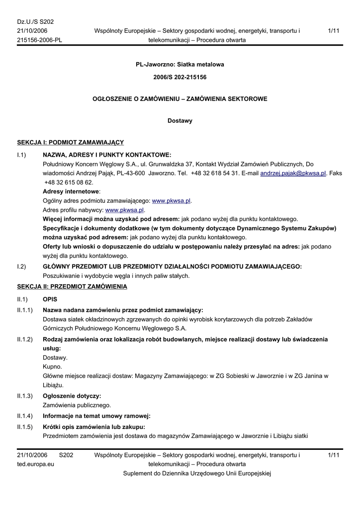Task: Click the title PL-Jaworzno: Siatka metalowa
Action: (180, 65)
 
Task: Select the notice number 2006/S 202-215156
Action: (180, 78)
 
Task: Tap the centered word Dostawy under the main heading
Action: (180, 121)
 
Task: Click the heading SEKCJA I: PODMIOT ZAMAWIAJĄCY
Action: (71, 143)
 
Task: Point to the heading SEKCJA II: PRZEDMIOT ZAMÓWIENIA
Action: (72, 287)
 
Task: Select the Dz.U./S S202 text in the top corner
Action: (35, 22)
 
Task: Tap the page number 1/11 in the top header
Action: (334, 31)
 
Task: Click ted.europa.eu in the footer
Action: (36, 464)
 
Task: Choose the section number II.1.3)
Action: (25, 396)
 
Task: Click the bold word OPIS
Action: (50, 300)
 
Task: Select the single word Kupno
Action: (52, 367)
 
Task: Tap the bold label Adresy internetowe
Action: (71, 191)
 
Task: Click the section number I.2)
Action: (21, 267)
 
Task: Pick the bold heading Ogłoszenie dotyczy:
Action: (72, 396)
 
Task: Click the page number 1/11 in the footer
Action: (334, 455)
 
